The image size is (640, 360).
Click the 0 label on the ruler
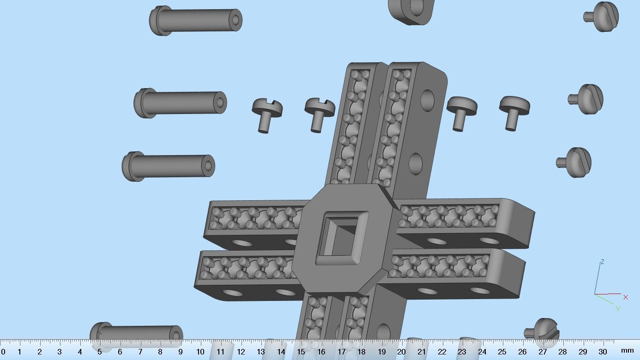[3, 352]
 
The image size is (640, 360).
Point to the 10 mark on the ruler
[200, 352]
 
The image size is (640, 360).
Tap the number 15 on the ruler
[301, 352]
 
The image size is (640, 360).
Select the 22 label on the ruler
[442, 352]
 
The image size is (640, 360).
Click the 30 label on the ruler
[603, 352]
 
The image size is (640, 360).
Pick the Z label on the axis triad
[602, 262]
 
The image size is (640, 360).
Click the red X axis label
[626, 297]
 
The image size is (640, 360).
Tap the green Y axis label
[618, 309]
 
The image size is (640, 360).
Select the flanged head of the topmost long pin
[159, 21]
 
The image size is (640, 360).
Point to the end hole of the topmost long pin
[235, 20]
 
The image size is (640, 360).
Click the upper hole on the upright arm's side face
[428, 99]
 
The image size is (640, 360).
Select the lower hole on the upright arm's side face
[416, 163]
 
